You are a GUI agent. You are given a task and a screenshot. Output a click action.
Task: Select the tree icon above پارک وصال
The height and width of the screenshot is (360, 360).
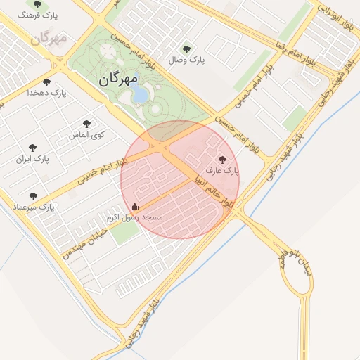point(186,49)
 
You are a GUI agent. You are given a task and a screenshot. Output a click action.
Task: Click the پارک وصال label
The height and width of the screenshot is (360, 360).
point(186,60)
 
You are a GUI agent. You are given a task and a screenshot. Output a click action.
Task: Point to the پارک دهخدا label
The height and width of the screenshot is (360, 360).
point(46,92)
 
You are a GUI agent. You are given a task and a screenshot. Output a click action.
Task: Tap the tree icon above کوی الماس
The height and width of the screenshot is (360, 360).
point(87,124)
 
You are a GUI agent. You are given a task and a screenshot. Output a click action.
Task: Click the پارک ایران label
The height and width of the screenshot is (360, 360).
point(34,160)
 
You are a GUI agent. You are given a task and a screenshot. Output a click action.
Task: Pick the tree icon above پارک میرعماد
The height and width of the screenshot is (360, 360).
point(33,196)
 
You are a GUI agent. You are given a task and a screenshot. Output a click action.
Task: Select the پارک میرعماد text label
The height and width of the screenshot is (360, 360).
point(33,207)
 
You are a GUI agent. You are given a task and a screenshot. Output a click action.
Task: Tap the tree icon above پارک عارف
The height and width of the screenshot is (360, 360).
point(223,160)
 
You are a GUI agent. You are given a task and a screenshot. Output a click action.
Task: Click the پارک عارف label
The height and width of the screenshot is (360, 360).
point(223,170)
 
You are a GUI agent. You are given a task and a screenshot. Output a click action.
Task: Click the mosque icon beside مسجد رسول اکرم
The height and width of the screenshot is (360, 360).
point(134,207)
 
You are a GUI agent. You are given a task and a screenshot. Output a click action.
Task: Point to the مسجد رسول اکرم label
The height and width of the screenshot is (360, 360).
point(134,218)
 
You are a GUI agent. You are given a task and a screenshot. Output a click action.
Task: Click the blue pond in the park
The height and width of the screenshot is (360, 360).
point(141,94)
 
